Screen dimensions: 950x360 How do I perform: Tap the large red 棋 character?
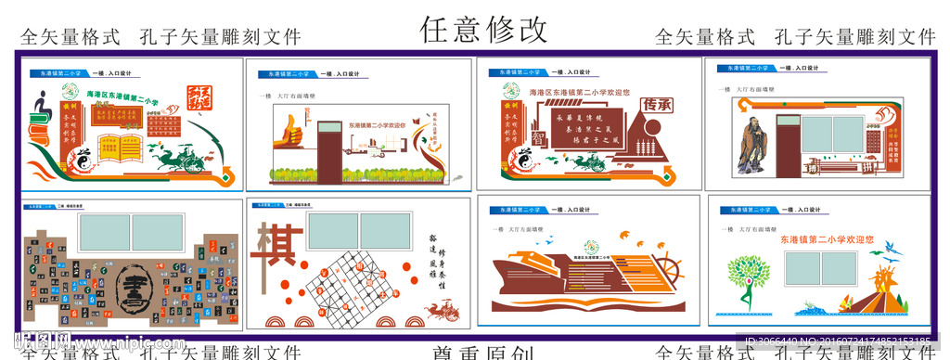pyautogui.click(x=277, y=245)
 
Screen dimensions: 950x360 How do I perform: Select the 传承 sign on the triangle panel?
pyautogui.click(x=657, y=105)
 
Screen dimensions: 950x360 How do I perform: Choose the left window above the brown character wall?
pyautogui.click(x=105, y=234)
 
